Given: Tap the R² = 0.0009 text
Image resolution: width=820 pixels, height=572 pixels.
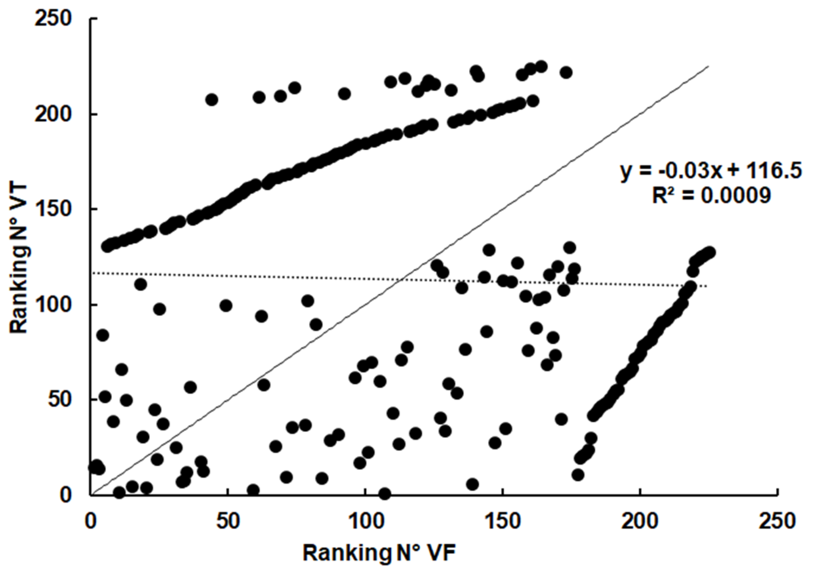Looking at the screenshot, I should [x=711, y=195].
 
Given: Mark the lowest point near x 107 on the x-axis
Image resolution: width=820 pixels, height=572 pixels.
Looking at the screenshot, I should [x=385, y=494].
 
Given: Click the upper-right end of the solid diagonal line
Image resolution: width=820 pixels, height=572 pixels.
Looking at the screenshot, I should [x=708, y=66].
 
